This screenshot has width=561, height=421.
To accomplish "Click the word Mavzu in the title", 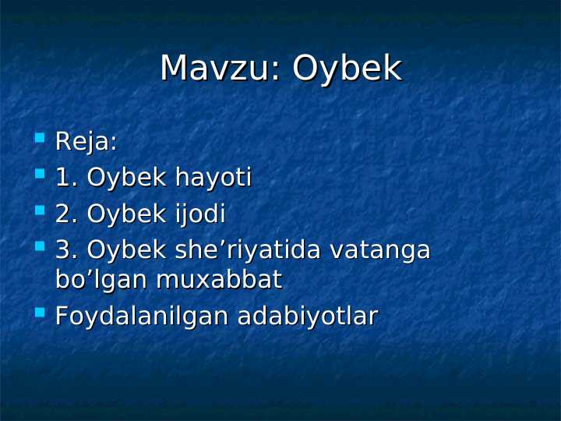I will coord(215,69).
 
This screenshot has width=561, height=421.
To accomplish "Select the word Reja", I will coord(85,143).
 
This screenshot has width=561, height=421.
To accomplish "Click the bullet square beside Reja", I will coord(40,139).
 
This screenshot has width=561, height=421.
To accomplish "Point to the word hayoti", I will coord(213,179).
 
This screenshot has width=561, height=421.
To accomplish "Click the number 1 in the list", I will coord(64,178).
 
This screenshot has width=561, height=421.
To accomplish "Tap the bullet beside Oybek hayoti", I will coord(40,175).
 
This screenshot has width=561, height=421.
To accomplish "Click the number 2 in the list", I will coord(64,214).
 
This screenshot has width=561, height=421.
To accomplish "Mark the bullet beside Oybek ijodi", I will coord(40,210).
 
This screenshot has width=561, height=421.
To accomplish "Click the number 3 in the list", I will coord(64,250).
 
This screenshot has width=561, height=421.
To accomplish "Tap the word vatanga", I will coord(380,250).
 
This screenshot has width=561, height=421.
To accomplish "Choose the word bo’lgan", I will coord(102,280).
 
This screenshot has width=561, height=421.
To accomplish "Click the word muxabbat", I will coord(219,279).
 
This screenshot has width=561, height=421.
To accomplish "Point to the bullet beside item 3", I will coord(40,246).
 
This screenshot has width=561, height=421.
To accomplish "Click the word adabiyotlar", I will coord(307,317).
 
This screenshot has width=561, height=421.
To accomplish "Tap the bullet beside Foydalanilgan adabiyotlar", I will coord(40,313).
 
